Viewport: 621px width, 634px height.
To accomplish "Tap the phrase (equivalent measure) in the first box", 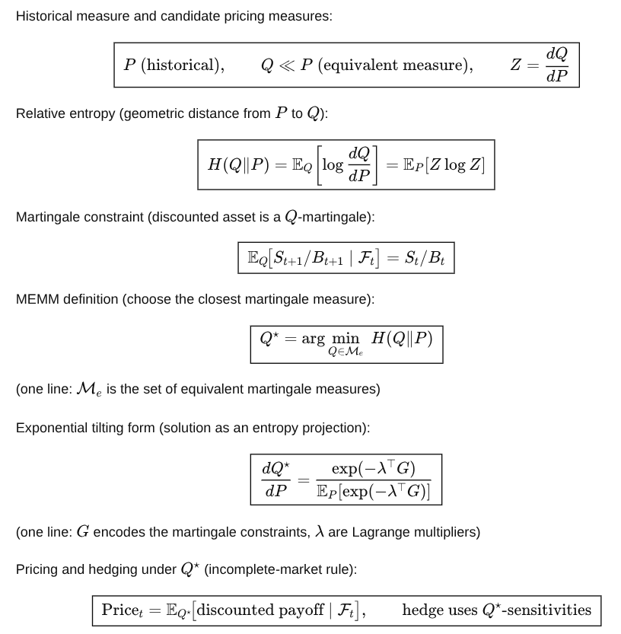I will pyautogui.click(x=395, y=65).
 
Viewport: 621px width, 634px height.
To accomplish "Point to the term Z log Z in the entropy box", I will pyautogui.click(x=456, y=165).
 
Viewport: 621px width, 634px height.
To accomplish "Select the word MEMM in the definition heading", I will pyautogui.click(x=36, y=299).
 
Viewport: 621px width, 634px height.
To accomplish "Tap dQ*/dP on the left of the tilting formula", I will pyautogui.click(x=275, y=479).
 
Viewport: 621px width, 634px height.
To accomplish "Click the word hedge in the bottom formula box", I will pyautogui.click(x=419, y=610).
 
